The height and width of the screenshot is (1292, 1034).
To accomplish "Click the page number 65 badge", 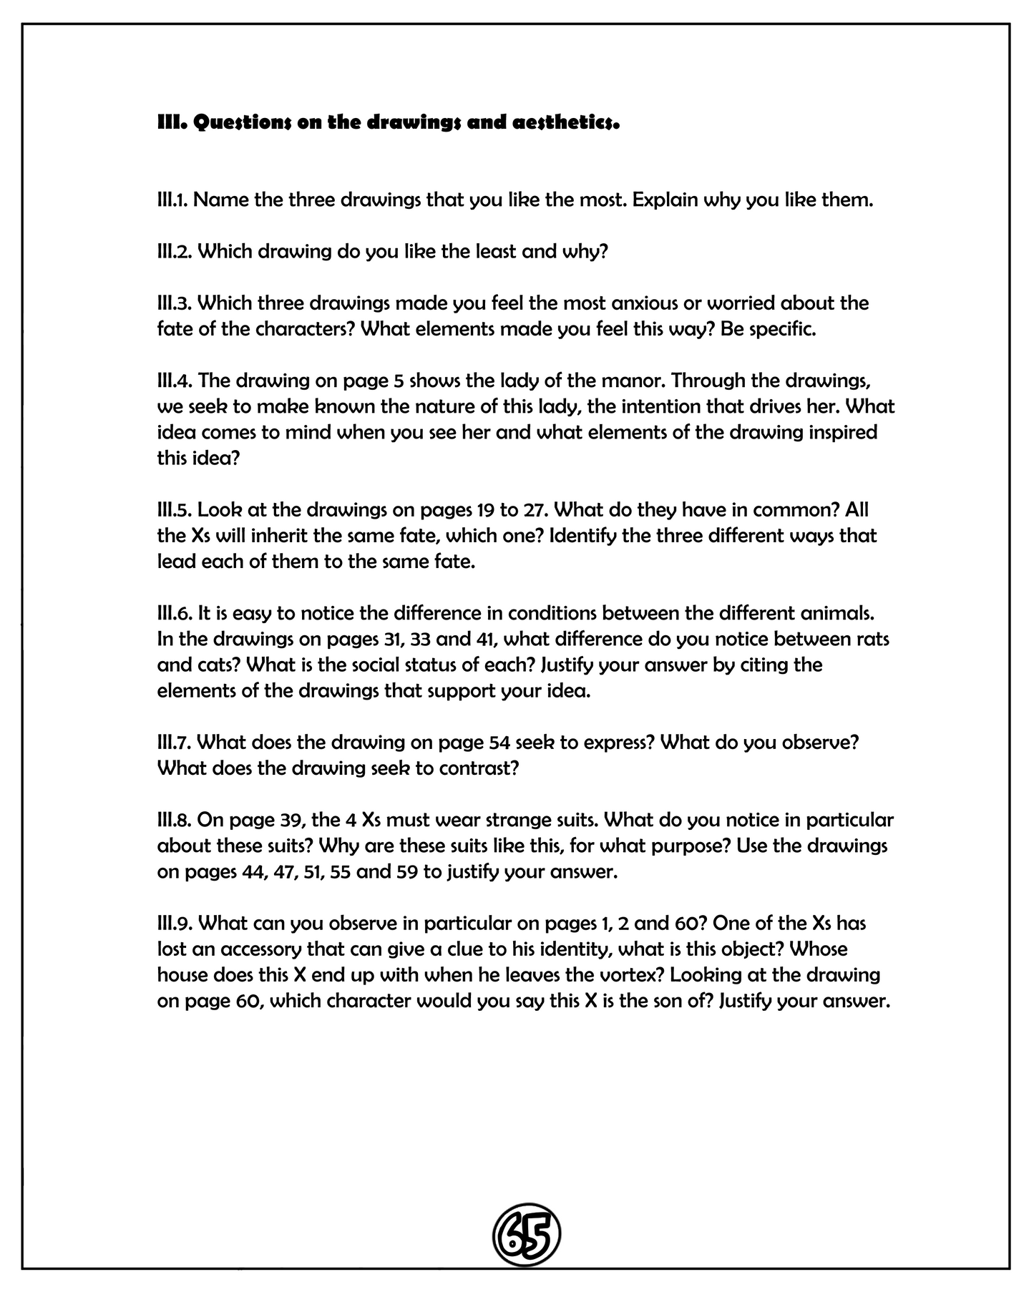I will pos(526,1234).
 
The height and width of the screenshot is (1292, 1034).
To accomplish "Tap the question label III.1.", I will pos(172,200).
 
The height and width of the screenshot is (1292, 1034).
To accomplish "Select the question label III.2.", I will pos(174,251).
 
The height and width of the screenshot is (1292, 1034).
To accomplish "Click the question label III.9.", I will pos(175,923).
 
